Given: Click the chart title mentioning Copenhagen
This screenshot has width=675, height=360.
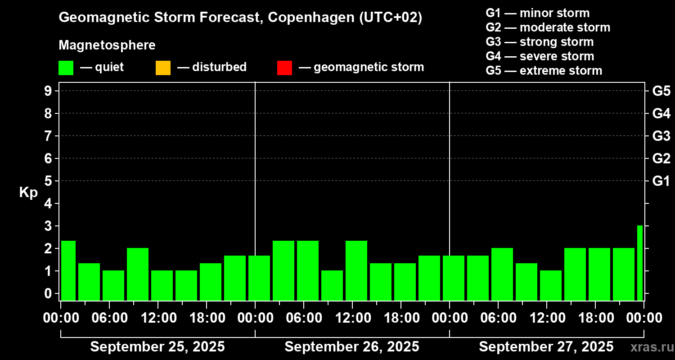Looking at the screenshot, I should tap(240, 18).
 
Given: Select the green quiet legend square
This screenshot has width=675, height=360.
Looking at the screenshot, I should tap(66, 68).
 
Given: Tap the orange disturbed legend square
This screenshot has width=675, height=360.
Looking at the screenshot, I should tap(163, 68).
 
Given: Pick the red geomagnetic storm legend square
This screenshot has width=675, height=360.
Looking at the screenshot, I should tap(284, 68).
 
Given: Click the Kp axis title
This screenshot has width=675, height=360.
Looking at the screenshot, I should tap(28, 192).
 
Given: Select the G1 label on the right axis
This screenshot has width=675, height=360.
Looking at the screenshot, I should tap(661, 181).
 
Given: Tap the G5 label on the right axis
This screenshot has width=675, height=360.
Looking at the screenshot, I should tap(661, 91).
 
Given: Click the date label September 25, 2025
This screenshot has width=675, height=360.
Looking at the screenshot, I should tap(157, 347).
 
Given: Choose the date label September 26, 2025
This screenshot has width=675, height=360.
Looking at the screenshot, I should tap(352, 347).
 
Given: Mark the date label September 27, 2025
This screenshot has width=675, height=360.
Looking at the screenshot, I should tap(546, 347).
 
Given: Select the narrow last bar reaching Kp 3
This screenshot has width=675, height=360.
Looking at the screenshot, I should tap(640, 263).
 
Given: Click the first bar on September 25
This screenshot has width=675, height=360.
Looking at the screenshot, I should tap(68, 270).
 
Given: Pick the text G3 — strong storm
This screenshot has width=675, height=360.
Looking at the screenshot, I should tap(540, 42).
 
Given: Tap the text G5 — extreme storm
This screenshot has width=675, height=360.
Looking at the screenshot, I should tap(544, 71).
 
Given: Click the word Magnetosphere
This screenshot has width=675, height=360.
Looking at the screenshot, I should tap(107, 45).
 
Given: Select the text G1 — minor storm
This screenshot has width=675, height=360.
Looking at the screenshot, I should tap(537, 13).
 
